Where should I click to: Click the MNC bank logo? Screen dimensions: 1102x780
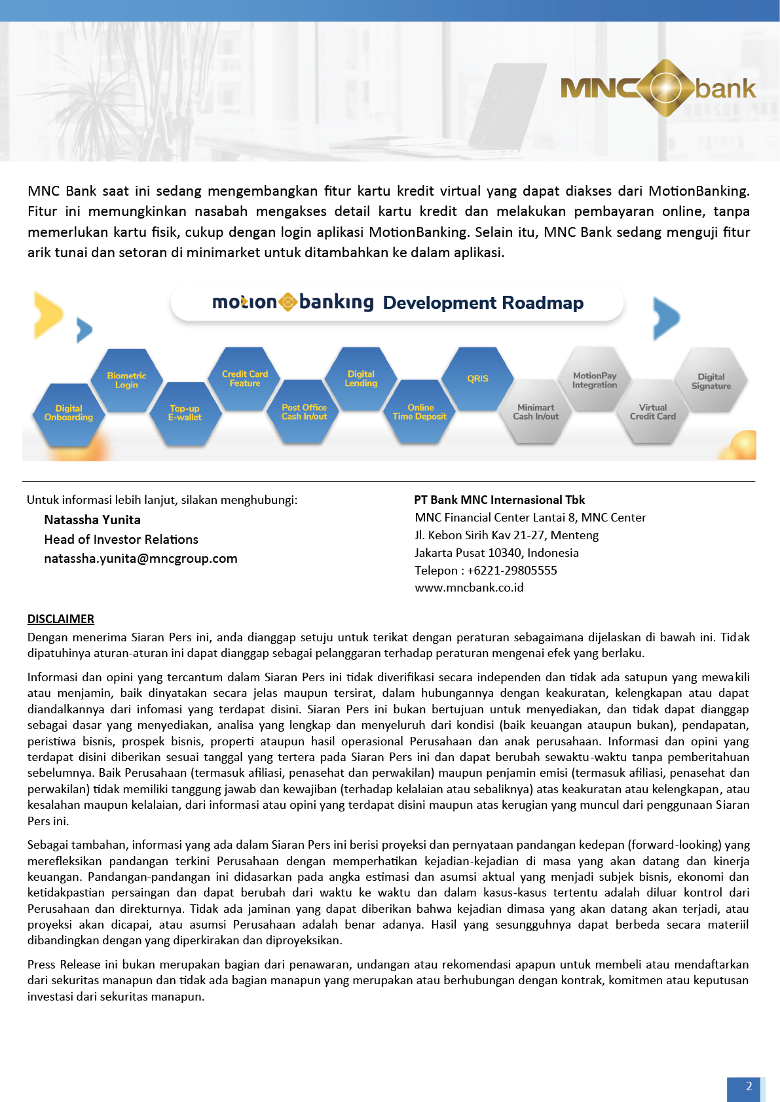coord(658,88)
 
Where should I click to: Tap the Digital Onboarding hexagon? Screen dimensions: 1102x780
coord(69,413)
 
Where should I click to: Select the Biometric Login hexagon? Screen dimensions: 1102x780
coord(126,380)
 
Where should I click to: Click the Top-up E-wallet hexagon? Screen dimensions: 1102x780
coord(185,413)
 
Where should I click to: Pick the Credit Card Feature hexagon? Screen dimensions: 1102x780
coord(245,379)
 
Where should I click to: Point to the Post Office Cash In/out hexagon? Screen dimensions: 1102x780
coord(304,412)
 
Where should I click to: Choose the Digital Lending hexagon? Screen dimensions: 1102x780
coord(361,379)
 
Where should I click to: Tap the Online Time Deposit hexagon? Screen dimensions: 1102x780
coord(420,412)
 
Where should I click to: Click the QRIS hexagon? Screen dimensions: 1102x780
coord(477,379)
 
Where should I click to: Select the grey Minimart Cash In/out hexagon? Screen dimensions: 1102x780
coord(536,412)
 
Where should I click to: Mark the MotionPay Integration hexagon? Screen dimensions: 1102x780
coord(595,380)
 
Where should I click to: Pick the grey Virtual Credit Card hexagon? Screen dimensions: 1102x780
coord(653,412)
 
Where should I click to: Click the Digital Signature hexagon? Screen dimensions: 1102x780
coord(711,381)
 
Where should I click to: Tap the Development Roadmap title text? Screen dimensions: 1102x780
coord(483,303)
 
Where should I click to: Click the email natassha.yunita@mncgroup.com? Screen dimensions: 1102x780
coord(141,559)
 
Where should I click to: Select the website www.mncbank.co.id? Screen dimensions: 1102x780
coord(469,588)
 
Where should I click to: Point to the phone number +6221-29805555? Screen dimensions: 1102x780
coord(512,571)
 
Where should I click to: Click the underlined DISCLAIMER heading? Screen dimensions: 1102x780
coord(61,619)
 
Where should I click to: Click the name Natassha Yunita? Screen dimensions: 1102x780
coord(92,520)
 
